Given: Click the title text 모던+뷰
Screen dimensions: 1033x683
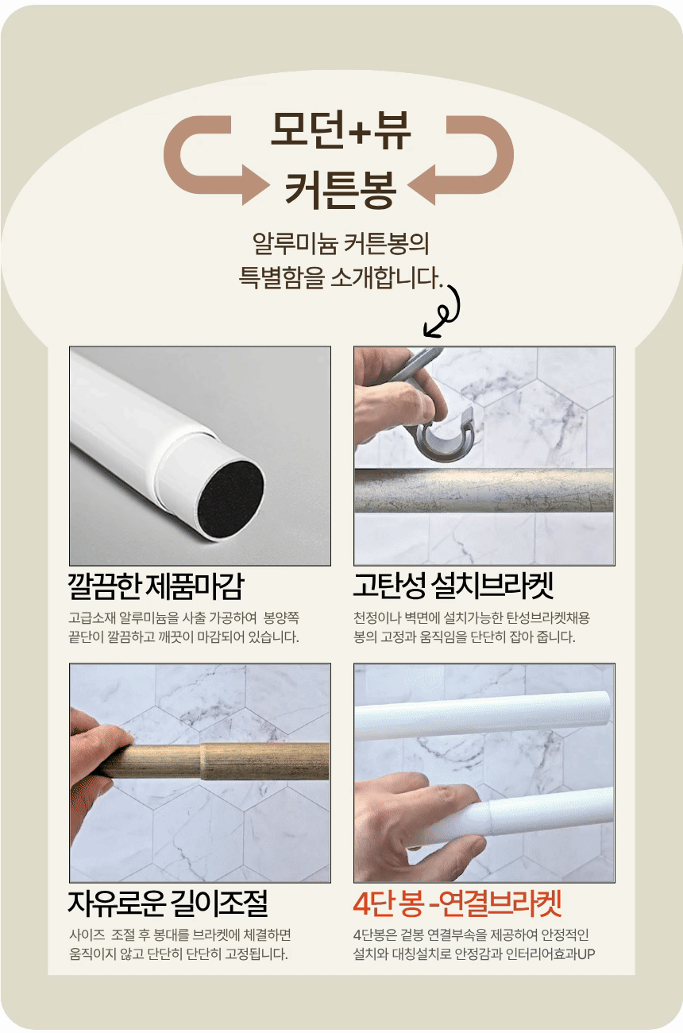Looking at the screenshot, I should point(341,132).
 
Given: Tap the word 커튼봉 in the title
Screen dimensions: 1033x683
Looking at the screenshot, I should point(341,188).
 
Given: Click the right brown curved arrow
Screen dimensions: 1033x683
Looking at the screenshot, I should point(472,159).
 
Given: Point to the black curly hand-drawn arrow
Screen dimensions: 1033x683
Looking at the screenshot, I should point(446,310).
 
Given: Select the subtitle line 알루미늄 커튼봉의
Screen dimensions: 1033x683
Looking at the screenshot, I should point(341,243).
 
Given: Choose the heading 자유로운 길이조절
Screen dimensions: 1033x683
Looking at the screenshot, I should point(168,903).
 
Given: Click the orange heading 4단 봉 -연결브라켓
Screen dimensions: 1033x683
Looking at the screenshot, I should point(457,903).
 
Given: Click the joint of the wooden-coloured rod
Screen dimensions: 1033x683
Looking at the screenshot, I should point(205,762).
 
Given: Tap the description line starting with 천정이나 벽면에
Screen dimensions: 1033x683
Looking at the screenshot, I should point(472,617).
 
